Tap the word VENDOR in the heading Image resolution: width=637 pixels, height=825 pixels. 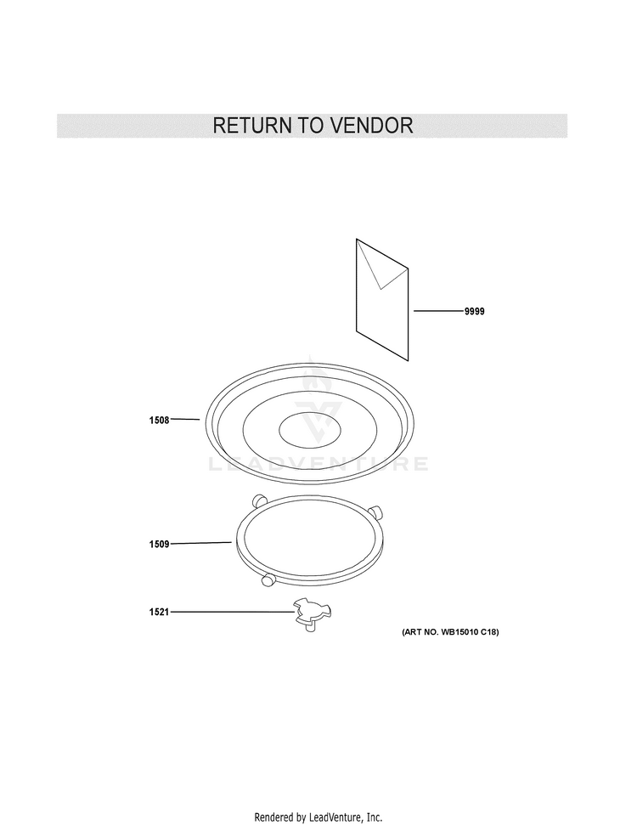coord(371,126)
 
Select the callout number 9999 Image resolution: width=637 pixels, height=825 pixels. coord(475,312)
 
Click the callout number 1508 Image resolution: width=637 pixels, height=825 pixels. coord(160,420)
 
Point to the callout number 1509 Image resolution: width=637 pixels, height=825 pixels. coord(160,544)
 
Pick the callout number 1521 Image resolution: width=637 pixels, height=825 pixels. coord(160,612)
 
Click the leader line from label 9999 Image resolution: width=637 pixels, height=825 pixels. coord(439,311)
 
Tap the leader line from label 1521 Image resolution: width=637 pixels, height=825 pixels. coord(232,612)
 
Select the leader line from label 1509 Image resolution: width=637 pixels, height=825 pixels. coord(201,543)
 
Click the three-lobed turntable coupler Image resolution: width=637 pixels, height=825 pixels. coord(313,613)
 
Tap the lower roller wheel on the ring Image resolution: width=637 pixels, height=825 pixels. coord(268,580)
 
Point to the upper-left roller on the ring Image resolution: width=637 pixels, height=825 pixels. coord(258,500)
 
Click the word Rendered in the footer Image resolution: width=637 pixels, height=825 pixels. coord(274,817)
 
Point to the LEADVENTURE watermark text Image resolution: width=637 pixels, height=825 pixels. coord(318,464)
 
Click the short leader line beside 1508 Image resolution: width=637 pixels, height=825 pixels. coord(185,420)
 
